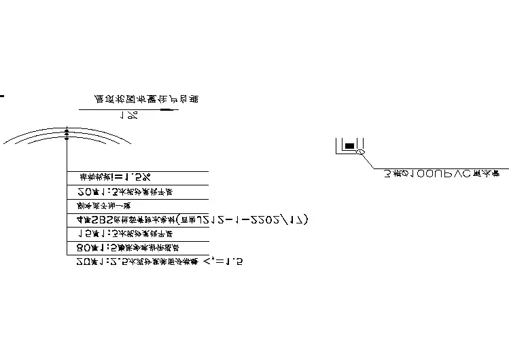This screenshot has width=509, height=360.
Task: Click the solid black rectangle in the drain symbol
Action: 349,145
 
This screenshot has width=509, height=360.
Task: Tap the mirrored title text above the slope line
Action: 146,99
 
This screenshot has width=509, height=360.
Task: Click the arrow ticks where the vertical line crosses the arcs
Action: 67,134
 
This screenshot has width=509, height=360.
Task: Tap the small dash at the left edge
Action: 2,96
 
